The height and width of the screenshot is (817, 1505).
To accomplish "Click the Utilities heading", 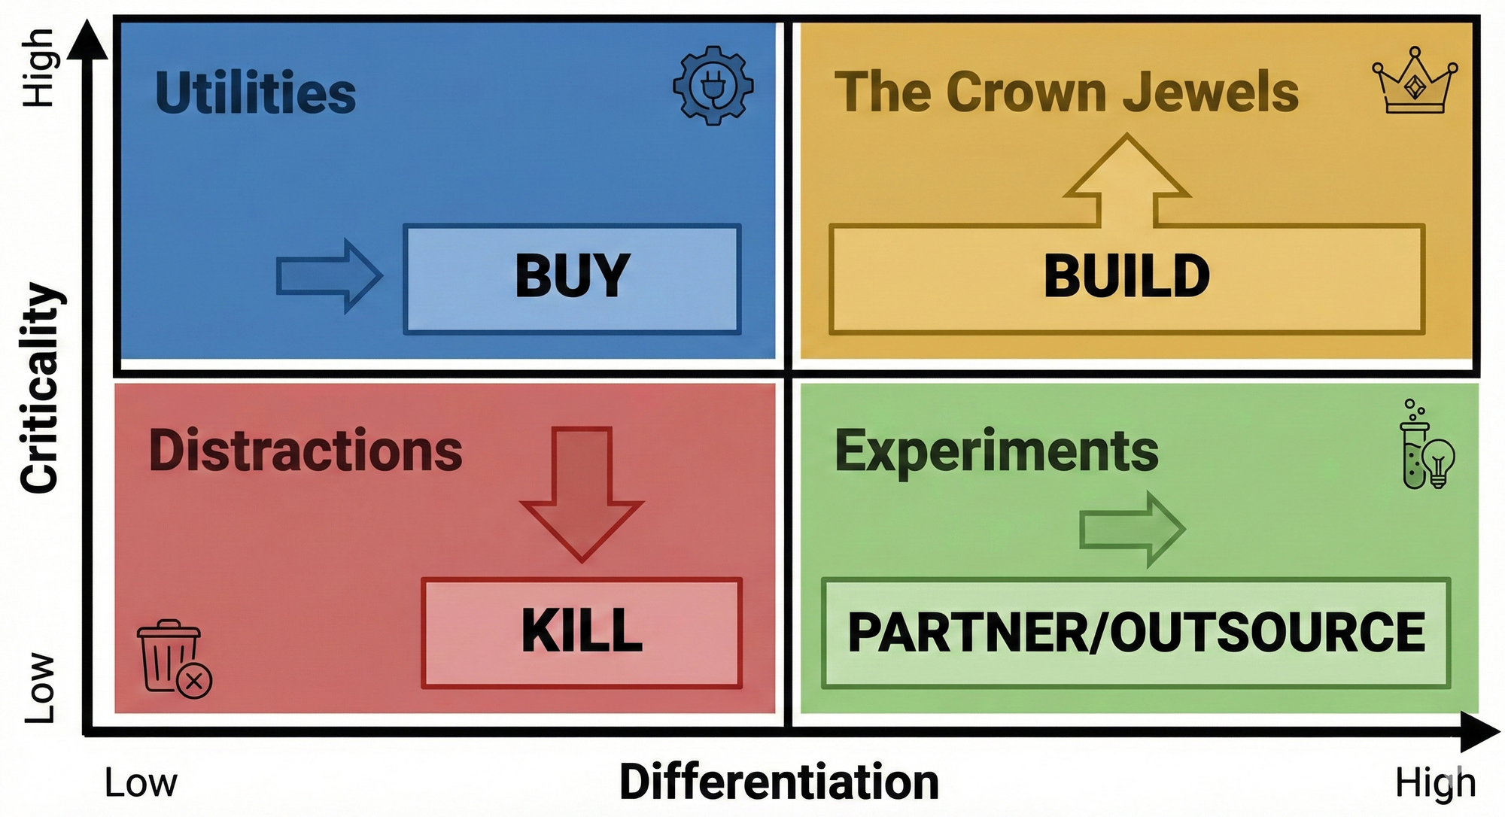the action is [x=255, y=93].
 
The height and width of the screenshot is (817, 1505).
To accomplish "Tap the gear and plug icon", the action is [x=713, y=85].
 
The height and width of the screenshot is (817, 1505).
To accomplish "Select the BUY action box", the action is [x=572, y=278].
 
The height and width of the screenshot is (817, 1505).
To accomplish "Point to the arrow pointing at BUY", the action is [x=330, y=275].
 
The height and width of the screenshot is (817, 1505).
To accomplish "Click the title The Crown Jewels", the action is [x=1066, y=92].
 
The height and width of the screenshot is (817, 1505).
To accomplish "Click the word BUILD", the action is [x=1126, y=276].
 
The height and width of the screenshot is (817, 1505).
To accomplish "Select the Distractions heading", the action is [x=306, y=451].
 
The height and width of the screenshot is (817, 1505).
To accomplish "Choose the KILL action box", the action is [x=582, y=632].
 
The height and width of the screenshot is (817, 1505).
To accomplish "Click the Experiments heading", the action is [x=996, y=451].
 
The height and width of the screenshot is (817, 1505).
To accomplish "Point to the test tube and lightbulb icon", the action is [x=1425, y=447].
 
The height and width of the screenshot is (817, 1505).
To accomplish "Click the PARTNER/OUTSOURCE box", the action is [x=1136, y=632].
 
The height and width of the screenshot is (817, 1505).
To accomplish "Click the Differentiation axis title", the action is [x=779, y=782].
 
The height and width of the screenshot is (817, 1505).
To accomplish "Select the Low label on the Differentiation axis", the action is [x=141, y=783].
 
